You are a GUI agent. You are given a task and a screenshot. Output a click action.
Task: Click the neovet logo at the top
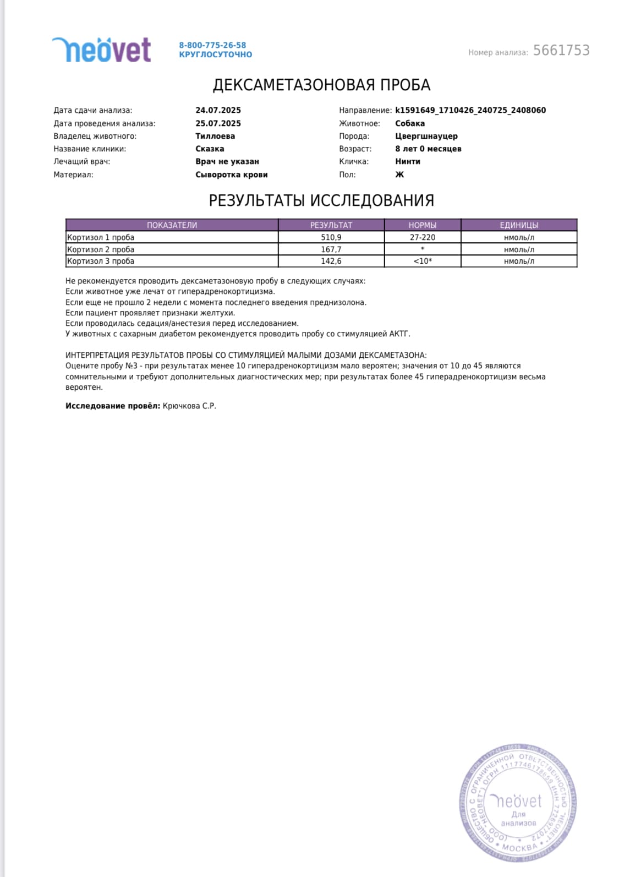101,50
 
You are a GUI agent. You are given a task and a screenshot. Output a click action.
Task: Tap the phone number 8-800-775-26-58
212,45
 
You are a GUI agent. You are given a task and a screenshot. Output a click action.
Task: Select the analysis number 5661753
561,51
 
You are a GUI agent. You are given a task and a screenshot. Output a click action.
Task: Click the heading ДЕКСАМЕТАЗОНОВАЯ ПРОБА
321,85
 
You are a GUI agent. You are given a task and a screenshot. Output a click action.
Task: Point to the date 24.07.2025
218,110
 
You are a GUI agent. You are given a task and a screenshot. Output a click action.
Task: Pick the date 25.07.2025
218,123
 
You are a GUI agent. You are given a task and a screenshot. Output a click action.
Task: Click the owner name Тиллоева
215,136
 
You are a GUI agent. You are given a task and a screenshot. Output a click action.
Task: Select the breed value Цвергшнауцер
426,136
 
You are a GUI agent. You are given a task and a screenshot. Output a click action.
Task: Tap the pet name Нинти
408,161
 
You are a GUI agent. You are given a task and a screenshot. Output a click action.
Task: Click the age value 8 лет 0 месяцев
428,149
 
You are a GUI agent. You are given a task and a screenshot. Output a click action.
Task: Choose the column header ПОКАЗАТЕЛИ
172,225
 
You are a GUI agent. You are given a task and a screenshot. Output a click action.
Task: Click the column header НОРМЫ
422,225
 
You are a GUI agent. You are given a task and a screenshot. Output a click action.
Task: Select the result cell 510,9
331,237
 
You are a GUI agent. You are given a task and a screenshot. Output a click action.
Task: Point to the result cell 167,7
331,249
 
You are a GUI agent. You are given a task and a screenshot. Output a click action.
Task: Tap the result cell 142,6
331,261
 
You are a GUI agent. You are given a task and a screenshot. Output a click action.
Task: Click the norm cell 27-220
422,237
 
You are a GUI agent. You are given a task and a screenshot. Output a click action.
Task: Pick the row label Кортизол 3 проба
101,261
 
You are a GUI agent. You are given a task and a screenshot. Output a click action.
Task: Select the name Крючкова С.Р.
189,406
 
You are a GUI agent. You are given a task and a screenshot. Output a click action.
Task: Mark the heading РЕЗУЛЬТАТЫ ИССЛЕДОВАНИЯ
321,200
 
